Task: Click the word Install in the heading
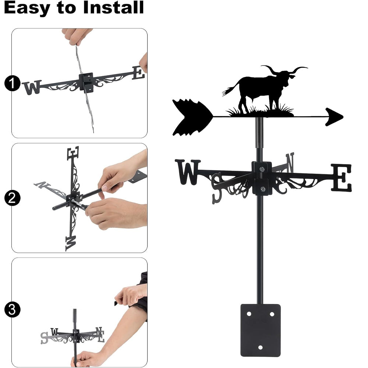coord(113,7)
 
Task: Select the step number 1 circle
coord(12,83)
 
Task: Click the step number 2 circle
coord(12,198)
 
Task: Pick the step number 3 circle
coord(12,309)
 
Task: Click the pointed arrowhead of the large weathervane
coord(334,117)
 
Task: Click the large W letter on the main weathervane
coord(188,172)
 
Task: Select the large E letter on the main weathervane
coord(342,178)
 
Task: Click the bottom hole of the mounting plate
coord(260,347)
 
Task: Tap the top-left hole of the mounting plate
coord(249,314)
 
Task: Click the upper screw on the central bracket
coord(262,169)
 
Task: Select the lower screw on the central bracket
coord(263,189)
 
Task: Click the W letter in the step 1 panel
coord(32,87)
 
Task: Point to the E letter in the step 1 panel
coord(138,73)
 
